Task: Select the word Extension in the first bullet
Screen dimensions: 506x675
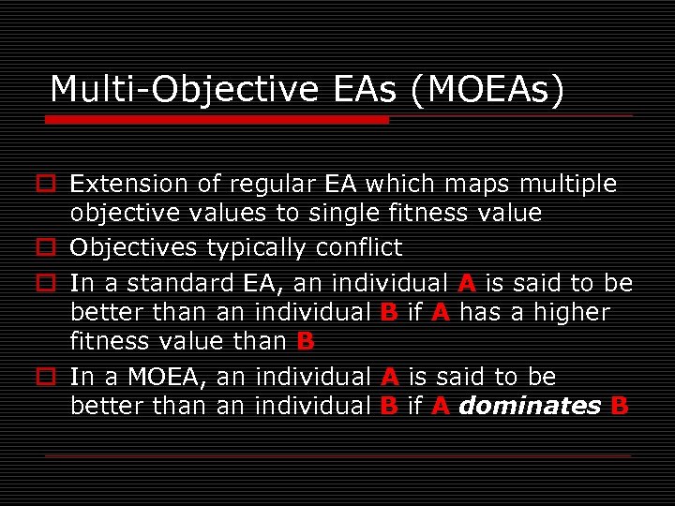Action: point(130,184)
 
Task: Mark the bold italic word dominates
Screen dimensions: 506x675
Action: point(530,407)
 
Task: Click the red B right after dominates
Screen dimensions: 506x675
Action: point(619,407)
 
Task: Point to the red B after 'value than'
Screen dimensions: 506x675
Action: point(305,342)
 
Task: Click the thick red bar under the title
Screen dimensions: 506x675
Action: point(217,120)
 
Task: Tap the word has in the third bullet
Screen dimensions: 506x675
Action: point(480,312)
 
